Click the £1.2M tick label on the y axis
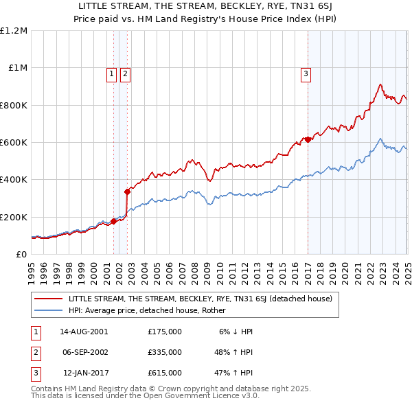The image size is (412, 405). click(x=14, y=30)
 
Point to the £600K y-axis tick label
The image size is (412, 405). click(x=14, y=142)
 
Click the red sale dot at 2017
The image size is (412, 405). click(x=308, y=139)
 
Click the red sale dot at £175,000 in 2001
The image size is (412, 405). click(x=114, y=221)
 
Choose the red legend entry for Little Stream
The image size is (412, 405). click(x=201, y=299)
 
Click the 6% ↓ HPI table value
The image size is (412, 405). click(x=236, y=331)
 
